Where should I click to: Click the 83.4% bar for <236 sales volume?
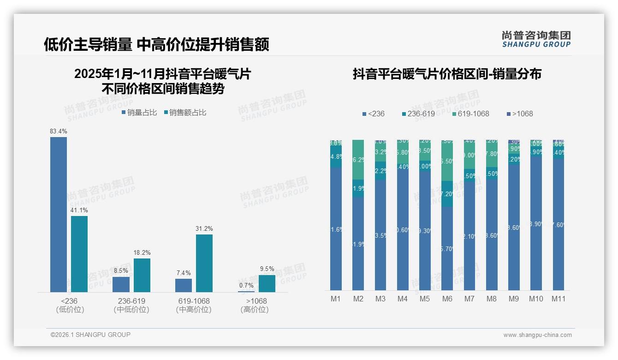tap(59, 215)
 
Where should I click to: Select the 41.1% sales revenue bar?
tap(79, 254)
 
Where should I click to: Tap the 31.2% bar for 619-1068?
tap(204, 263)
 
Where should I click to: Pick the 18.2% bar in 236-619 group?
tap(142, 275)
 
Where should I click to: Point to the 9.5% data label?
tap(267, 269)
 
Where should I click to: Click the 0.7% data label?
tap(246, 285)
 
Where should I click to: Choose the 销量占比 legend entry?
tap(139, 113)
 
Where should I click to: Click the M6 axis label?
tap(447, 299)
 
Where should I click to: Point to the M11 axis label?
tap(559, 299)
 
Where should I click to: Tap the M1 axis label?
tap(335, 299)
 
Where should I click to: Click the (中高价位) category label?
tap(194, 310)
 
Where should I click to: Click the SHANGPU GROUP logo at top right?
tap(536, 39)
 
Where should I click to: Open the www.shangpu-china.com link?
tap(537, 335)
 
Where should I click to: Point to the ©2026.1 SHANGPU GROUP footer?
tap(90, 335)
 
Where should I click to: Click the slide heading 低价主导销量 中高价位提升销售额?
tap(156, 44)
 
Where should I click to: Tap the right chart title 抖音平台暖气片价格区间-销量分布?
tap(447, 74)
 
